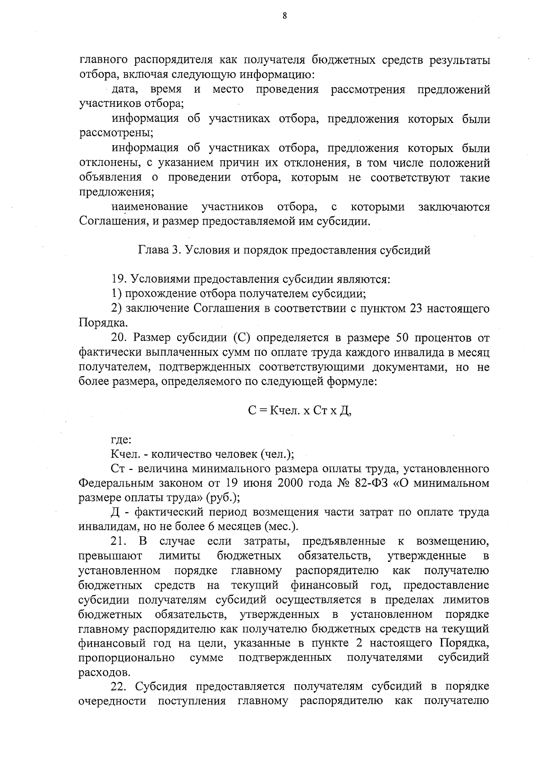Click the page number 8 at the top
284,16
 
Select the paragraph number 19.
119,280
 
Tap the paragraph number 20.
119,338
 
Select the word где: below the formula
121,440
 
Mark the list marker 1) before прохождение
117,294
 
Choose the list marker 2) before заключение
117,309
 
